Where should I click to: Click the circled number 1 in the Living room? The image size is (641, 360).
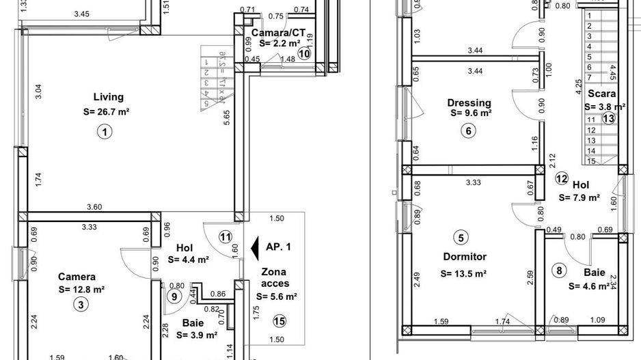pyautogui.click(x=104, y=133)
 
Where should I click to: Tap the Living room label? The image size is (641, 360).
pyautogui.click(x=109, y=97)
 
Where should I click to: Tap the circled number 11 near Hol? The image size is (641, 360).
pyautogui.click(x=226, y=237)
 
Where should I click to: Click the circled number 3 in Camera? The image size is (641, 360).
pyautogui.click(x=81, y=305)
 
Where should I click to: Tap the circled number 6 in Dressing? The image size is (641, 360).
pyautogui.click(x=468, y=132)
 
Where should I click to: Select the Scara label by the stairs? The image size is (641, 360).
pyautogui.click(x=601, y=94)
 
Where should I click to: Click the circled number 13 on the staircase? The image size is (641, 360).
pyautogui.click(x=608, y=117)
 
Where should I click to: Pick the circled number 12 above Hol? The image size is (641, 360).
pyautogui.click(x=561, y=179)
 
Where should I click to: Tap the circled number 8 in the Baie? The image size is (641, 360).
pyautogui.click(x=560, y=271)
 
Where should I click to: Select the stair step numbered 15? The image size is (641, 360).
pyautogui.click(x=591, y=161)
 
